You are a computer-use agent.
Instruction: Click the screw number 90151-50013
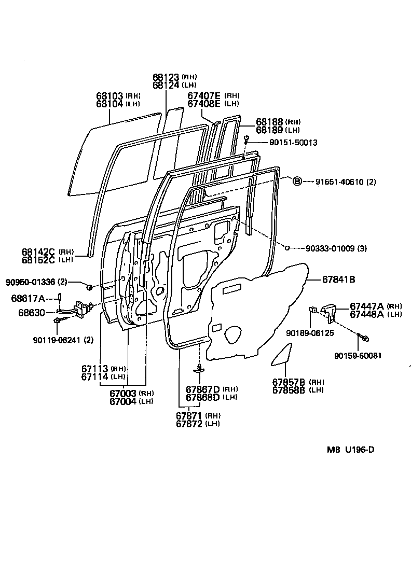(293, 143)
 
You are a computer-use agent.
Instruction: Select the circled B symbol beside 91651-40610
(297, 181)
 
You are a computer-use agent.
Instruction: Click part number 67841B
(338, 279)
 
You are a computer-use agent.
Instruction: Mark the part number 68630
(32, 313)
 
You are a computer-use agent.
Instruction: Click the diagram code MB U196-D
(350, 450)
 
